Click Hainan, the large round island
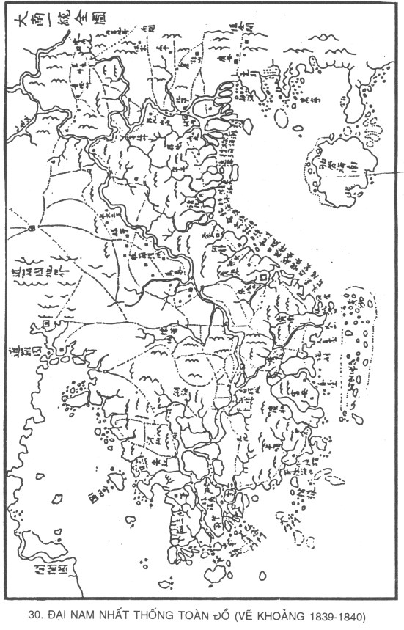pos(345,165)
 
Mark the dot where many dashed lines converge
pos(30,229)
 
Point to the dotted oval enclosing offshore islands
pos(359,352)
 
